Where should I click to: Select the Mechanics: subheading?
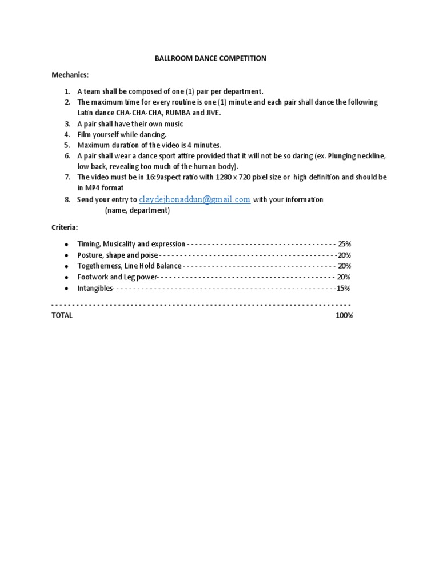coord(70,75)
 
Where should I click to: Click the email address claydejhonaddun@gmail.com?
coord(195,199)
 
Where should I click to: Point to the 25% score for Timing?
coord(344,244)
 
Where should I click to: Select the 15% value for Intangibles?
coord(343,288)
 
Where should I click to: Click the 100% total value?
coord(344,315)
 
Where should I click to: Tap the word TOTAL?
coord(62,315)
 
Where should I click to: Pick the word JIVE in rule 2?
coord(211,113)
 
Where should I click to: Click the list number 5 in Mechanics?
coord(67,145)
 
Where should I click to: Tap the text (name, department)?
coord(137,210)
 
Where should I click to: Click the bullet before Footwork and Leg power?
coord(66,277)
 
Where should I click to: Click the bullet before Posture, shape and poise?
coord(66,255)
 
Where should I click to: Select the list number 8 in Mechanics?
coord(67,200)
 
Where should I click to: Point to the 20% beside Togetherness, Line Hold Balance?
coord(344,266)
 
